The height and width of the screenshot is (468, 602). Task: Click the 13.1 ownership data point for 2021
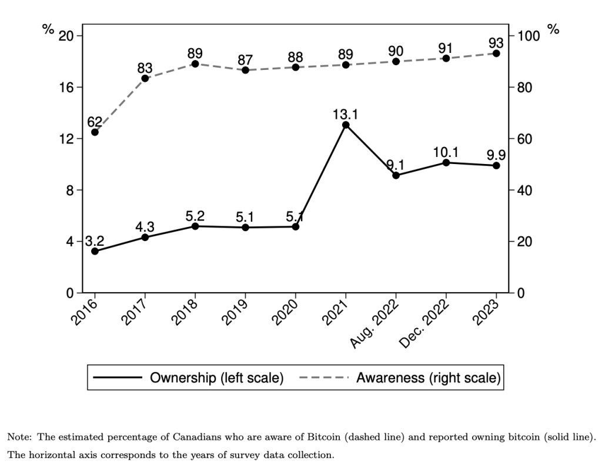346,125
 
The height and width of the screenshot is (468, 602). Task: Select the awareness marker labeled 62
95,132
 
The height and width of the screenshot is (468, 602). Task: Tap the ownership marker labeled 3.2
95,251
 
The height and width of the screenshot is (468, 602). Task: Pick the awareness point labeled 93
496,54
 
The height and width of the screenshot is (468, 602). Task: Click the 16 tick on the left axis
67,87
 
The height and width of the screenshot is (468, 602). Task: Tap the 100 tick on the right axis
527,36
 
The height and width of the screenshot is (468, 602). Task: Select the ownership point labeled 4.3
145,237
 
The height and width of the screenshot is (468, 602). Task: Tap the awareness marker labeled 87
245,70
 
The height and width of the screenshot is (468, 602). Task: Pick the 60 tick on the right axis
524,139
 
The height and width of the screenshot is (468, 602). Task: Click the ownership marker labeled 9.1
396,175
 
